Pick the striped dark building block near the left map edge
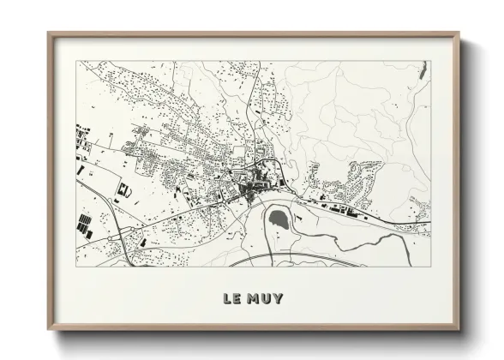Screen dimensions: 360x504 [x=87, y=228]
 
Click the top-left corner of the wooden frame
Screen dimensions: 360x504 [x=50, y=34]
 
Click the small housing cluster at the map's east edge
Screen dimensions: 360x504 [x=419, y=206]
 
